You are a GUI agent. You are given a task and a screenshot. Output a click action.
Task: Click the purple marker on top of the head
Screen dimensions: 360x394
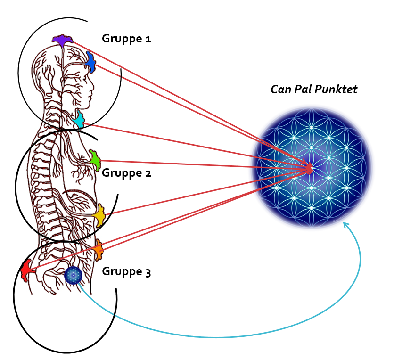coord(62,41)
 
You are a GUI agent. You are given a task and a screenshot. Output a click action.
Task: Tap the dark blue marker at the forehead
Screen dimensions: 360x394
coord(90,62)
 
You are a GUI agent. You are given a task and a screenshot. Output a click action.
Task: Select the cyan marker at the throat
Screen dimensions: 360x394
coord(79,121)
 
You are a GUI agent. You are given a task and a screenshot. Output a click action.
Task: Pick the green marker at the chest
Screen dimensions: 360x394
coord(95,160)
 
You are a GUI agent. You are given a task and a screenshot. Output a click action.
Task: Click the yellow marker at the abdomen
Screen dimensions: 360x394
coord(99,216)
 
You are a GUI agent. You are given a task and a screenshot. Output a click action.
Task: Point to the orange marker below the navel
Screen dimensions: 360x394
coord(98,250)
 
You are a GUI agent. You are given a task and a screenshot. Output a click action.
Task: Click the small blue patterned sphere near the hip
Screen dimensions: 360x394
coord(73,275)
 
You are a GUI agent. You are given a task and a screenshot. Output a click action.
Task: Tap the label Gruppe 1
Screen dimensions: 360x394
coord(126,39)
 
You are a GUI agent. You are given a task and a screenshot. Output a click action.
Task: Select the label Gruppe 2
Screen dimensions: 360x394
coord(126,173)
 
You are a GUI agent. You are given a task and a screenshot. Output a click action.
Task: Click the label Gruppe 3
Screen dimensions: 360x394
coord(126,272)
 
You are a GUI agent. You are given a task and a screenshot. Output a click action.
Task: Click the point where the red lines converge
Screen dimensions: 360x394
coord(310,167)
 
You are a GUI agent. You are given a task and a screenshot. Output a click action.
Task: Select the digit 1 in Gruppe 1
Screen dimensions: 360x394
coord(148,39)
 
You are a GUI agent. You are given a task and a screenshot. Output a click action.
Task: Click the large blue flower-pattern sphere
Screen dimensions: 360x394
coord(311,167)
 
